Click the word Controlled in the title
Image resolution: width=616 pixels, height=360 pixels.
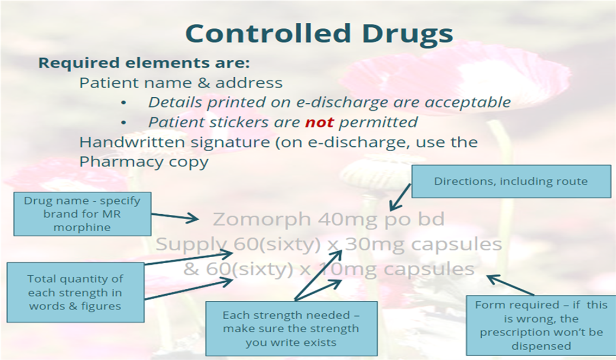[x=268, y=33]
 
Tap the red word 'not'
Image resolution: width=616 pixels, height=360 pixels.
[x=319, y=122]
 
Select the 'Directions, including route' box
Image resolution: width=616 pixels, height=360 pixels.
[x=511, y=181]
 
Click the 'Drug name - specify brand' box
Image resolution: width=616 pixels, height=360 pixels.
[x=83, y=214]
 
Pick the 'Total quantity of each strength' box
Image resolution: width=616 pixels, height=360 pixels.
[x=76, y=293]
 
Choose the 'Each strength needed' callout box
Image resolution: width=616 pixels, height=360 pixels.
[x=291, y=328]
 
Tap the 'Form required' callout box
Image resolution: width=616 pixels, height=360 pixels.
[x=542, y=325]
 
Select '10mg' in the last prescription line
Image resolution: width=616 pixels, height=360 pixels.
[x=347, y=270]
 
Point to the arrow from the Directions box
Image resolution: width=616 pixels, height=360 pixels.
[x=400, y=197]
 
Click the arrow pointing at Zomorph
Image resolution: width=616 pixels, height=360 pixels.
[x=175, y=216]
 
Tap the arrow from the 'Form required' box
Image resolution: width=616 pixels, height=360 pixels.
[x=511, y=285]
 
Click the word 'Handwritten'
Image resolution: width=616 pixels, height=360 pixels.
[x=132, y=142]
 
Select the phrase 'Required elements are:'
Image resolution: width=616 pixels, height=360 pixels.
[x=144, y=63]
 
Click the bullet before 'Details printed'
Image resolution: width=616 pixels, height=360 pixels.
[x=123, y=103]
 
